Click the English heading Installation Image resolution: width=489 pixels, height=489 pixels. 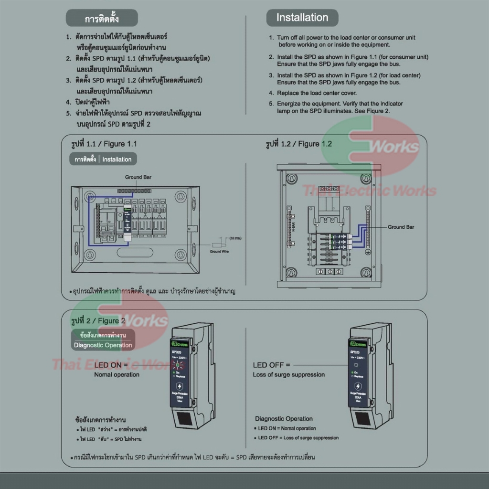point(302,18)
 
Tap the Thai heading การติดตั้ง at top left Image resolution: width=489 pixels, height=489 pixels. point(101,19)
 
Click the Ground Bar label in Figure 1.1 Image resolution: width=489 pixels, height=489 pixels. point(137,177)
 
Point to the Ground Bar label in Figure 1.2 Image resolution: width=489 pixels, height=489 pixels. point(401,227)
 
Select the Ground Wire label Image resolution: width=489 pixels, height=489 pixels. point(219,251)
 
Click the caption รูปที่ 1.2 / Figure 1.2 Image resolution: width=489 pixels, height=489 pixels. point(298,144)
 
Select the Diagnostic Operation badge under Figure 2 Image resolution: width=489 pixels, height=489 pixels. point(103,345)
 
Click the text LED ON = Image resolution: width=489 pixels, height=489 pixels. point(111,365)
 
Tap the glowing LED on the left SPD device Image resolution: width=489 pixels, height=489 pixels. point(180,366)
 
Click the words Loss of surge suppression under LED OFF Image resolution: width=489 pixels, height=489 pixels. point(288,374)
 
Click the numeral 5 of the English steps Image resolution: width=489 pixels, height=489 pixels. point(271,104)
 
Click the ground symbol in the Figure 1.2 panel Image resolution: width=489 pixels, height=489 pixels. point(368,251)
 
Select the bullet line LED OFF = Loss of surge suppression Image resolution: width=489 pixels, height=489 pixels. point(298,437)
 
